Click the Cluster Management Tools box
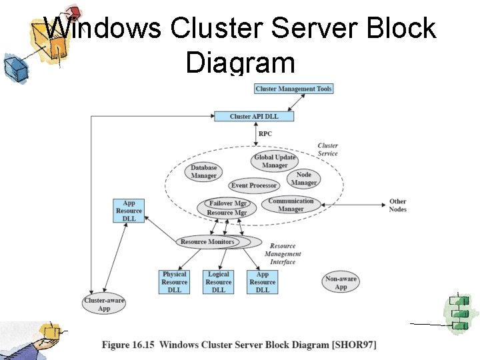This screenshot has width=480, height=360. [x=293, y=89]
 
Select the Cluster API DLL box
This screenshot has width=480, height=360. [x=253, y=117]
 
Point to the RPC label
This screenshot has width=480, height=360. [x=265, y=134]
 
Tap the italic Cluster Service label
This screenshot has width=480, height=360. [x=327, y=149]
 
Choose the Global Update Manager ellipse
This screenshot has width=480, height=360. [x=275, y=161]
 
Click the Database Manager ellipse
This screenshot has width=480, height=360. [x=204, y=172]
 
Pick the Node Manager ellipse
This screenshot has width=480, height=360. [x=304, y=179]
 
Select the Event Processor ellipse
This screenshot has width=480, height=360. [x=253, y=186]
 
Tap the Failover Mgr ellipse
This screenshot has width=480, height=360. [x=228, y=203]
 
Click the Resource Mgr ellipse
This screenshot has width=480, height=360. [x=227, y=213]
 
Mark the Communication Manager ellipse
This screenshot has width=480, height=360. [x=291, y=205]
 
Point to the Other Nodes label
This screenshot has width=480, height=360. [x=398, y=205]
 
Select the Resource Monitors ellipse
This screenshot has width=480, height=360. [x=207, y=242]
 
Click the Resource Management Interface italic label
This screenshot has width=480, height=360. [x=283, y=254]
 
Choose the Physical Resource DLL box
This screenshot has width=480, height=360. [x=175, y=282]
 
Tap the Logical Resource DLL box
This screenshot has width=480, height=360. [x=219, y=282]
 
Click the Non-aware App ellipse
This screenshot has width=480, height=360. [x=341, y=283]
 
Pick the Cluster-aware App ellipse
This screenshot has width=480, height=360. [x=104, y=305]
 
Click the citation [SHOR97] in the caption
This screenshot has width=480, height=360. [x=354, y=345]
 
